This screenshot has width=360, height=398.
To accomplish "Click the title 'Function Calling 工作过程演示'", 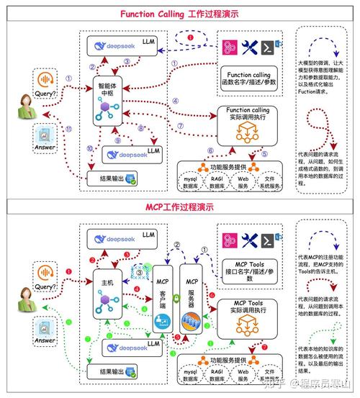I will (179, 14).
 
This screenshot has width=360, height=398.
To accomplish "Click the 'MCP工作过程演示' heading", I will (179, 207).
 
